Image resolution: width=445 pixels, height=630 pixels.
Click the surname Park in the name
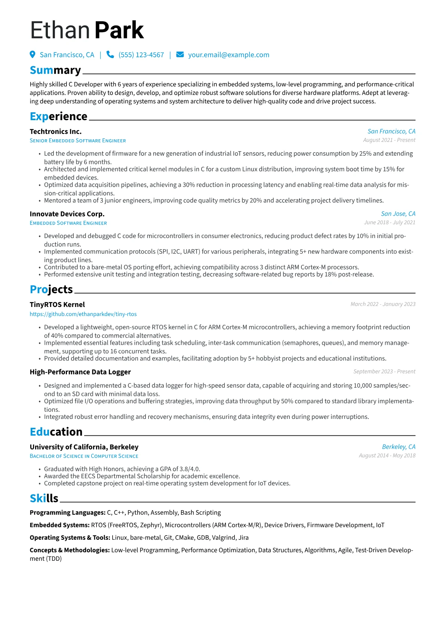119,30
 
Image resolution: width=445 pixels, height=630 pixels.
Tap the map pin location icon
33,55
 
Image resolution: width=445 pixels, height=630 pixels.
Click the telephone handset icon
110,55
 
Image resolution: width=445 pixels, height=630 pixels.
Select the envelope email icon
180,55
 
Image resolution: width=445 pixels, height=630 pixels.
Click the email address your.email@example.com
228,55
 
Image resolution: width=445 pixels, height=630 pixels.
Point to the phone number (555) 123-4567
141,55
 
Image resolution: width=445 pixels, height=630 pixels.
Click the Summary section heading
55,70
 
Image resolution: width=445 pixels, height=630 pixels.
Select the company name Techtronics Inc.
56,131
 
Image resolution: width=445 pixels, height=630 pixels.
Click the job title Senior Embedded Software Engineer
78,141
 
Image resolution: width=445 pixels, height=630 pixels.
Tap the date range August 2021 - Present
389,140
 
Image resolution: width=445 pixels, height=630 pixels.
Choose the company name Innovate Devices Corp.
67,214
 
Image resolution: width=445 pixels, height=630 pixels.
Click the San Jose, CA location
398,214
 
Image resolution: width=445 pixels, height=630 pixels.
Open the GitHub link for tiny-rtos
83,314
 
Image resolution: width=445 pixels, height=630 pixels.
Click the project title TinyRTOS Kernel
57,304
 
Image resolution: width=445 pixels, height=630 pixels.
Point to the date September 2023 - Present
384,371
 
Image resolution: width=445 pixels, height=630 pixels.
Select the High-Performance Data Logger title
80,372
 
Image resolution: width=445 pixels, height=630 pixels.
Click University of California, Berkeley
84,447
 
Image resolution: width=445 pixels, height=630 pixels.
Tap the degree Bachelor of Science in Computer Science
84,456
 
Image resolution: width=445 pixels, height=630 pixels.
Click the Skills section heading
44,498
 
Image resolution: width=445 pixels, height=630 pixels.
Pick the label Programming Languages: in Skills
68,512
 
